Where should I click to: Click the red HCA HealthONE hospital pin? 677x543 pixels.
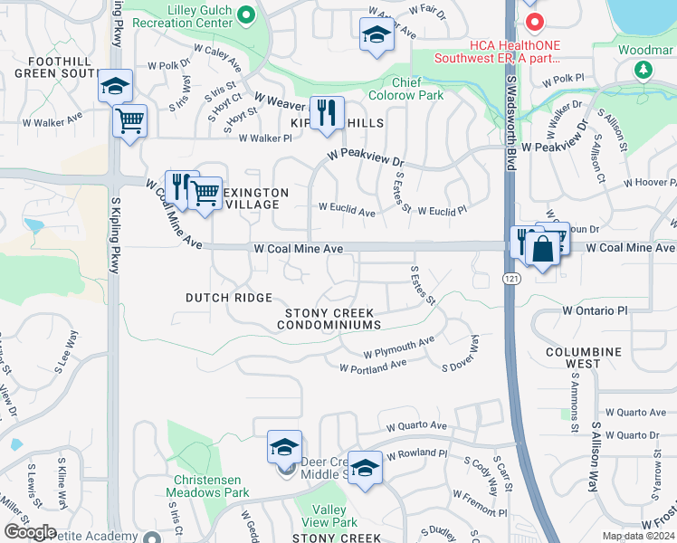coord(534,21)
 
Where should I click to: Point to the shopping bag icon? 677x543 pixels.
coord(542,251)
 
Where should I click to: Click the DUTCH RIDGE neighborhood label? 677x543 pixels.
coord(229,298)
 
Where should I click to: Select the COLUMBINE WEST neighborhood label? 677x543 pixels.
coord(583,357)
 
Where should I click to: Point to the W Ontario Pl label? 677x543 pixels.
coord(594,310)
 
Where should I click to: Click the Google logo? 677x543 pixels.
coord(29,532)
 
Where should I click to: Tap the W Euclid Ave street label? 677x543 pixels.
coord(347,211)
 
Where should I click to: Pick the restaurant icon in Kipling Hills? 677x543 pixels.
coord(326,114)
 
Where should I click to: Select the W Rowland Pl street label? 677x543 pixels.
coord(416,453)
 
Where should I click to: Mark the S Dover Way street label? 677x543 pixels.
coord(460,355)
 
